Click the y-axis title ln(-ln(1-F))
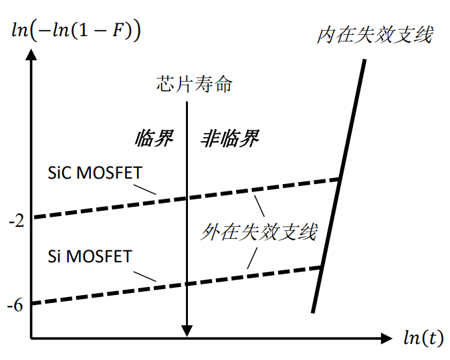tap(79, 31)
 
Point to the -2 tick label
tap(16, 221)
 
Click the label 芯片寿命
tap(195, 84)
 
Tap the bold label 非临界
tap(229, 139)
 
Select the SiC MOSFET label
tap(94, 173)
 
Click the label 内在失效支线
tap(374, 34)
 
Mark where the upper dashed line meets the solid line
tap(339, 179)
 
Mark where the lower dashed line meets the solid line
tap(322, 267)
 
